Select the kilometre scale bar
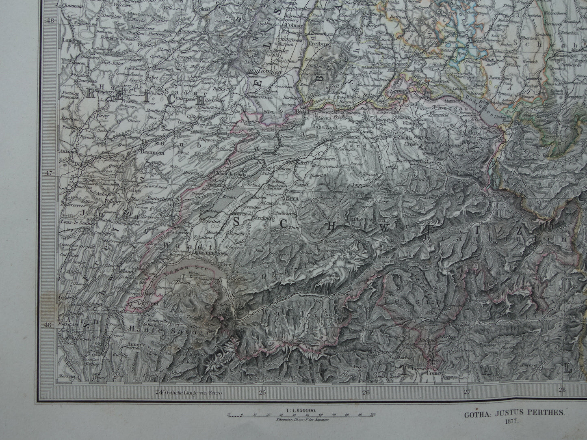(301, 415)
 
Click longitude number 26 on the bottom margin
(366, 392)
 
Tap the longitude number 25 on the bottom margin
(262, 392)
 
